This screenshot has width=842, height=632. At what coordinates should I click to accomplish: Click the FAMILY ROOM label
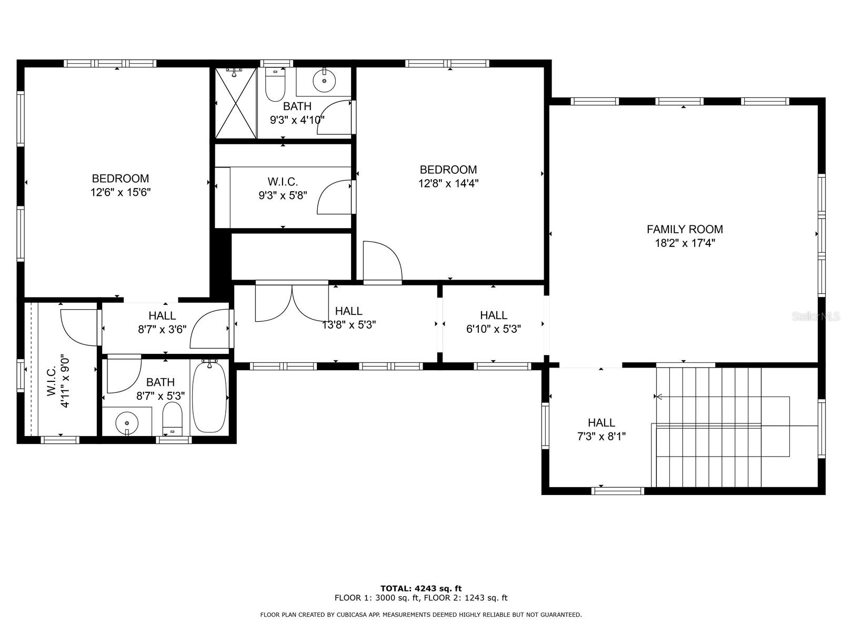684,229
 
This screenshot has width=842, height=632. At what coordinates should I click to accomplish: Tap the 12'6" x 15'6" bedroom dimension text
121,192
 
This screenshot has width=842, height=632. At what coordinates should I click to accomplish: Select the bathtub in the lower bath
209,397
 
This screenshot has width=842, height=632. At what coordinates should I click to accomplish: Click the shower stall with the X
235,104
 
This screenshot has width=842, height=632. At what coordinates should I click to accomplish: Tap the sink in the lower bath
127,422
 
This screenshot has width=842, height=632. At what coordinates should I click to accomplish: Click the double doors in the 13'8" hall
292,303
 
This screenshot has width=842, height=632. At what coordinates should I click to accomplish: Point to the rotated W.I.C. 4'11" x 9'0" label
58,381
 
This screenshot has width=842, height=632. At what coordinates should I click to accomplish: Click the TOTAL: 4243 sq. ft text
421,588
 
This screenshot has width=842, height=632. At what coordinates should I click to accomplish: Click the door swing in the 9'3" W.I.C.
335,197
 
